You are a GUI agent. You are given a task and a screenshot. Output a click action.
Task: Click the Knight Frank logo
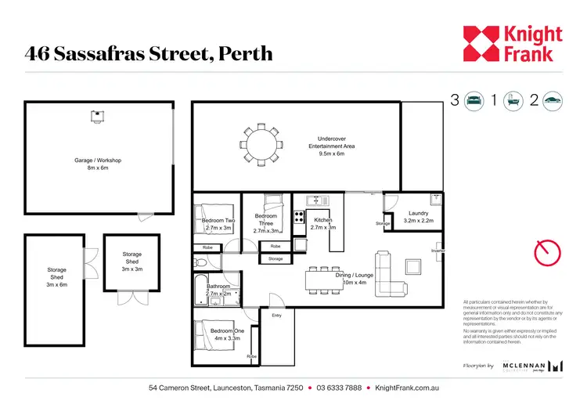tap(513, 44)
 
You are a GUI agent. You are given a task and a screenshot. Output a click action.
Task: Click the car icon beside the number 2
tap(553, 100)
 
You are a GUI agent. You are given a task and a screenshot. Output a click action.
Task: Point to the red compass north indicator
tap(547, 253)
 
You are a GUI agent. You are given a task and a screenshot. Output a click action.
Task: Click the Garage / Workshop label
tap(98, 164)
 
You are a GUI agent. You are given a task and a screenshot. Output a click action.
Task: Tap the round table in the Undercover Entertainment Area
tap(261, 144)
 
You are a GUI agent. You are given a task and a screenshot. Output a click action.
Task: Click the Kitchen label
tap(323, 221)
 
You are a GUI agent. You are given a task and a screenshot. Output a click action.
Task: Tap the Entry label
tap(276, 316)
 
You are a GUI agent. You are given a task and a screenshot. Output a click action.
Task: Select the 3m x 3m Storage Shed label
tap(131, 262)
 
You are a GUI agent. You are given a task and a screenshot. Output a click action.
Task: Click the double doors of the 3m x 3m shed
tap(131, 298)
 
